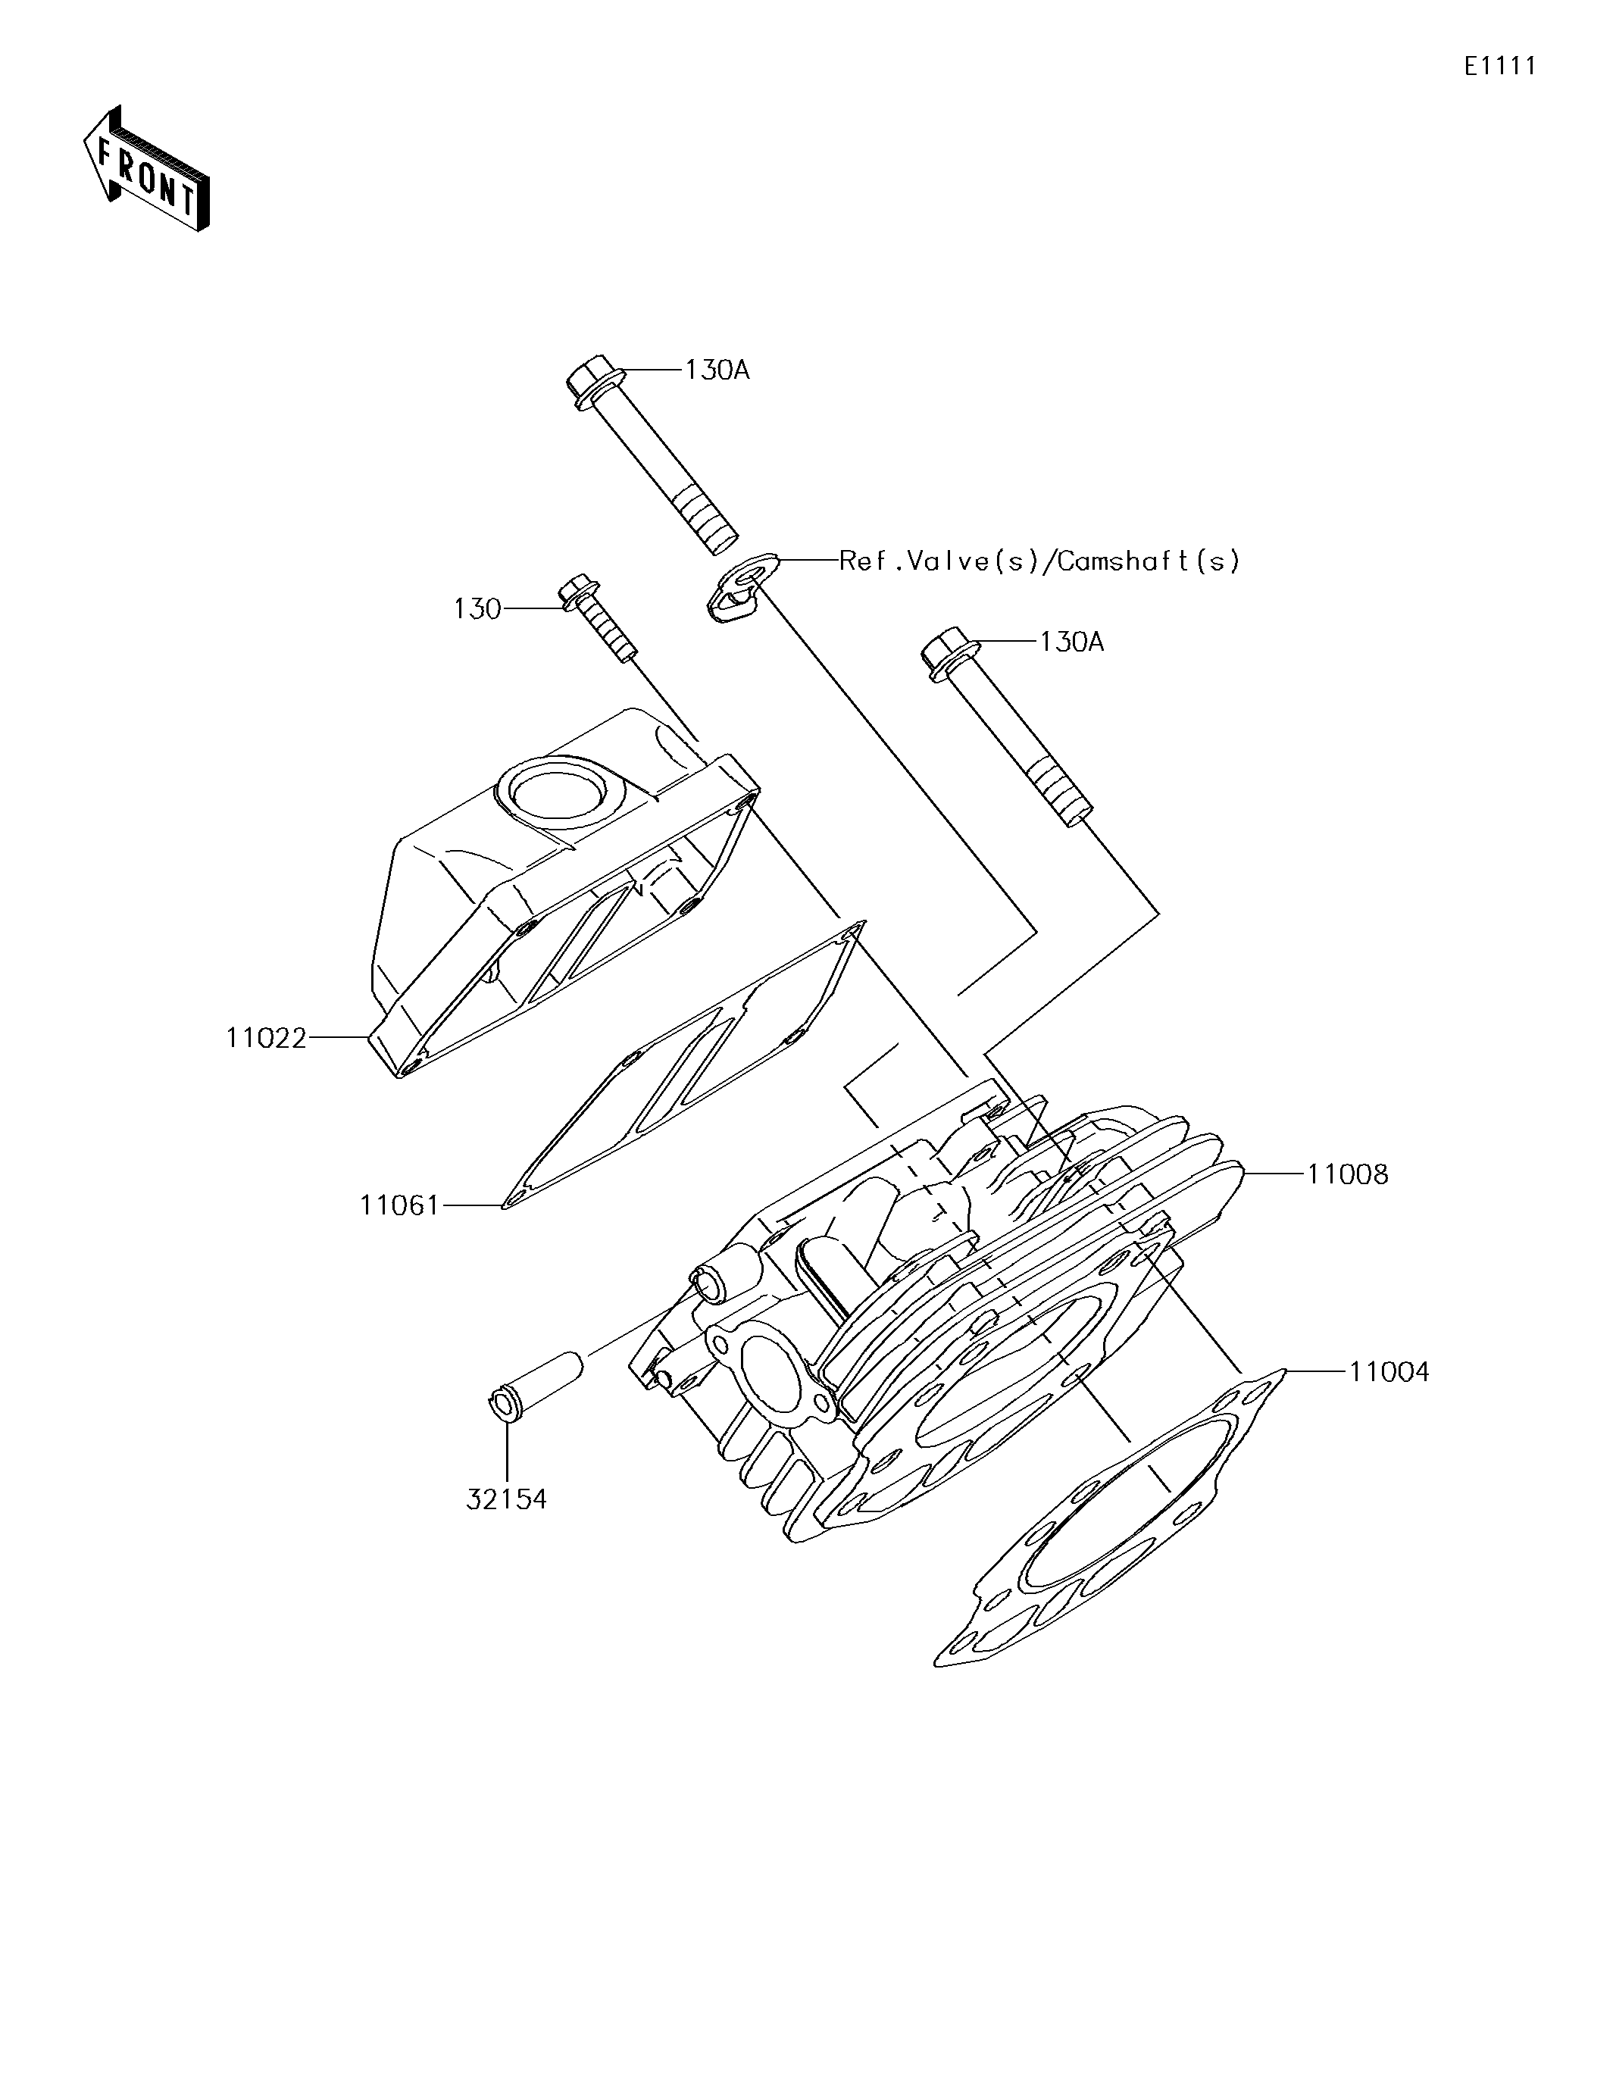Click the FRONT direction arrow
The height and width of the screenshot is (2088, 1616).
[x=145, y=169]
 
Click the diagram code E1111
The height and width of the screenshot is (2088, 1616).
[x=1499, y=66]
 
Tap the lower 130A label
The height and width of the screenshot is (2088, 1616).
[x=1071, y=642]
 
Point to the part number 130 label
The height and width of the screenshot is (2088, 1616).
[x=477, y=609]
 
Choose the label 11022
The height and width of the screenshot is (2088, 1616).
[x=266, y=1037]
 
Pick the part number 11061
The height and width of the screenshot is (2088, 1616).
[x=400, y=1205]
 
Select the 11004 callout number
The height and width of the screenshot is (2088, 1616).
[x=1389, y=1372]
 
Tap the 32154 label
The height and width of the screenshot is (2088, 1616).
[x=506, y=1499]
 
